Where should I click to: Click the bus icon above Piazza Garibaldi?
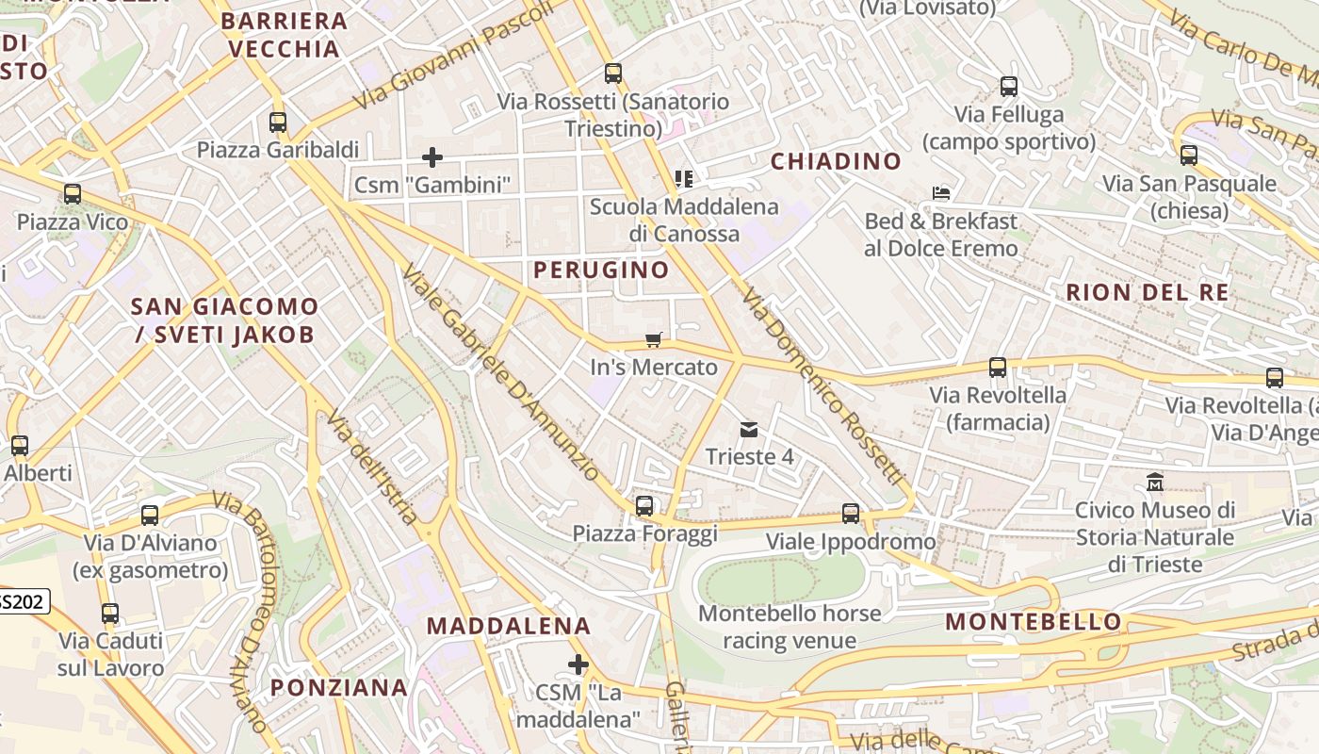(x=277, y=122)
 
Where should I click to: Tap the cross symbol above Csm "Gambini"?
(x=432, y=156)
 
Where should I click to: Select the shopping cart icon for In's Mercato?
(x=653, y=339)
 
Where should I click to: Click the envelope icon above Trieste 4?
(x=749, y=430)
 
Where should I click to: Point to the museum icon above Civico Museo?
(x=1155, y=483)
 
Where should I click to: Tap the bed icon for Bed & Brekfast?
(x=940, y=193)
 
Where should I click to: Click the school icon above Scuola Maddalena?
(x=684, y=178)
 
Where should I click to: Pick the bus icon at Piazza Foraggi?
(x=644, y=506)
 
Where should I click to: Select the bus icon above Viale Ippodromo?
(x=851, y=514)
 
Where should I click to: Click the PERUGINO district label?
(x=601, y=270)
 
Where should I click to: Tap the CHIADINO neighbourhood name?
(x=836, y=161)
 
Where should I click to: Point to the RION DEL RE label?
(x=1147, y=292)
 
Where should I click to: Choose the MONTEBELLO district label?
(x=1034, y=622)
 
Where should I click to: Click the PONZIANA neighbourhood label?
(x=339, y=687)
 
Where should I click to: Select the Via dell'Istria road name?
(x=372, y=467)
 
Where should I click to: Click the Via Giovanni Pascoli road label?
(x=453, y=54)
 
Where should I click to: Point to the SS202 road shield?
(x=21, y=601)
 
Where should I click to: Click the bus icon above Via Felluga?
(x=1009, y=87)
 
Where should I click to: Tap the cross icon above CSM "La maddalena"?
(x=578, y=665)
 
